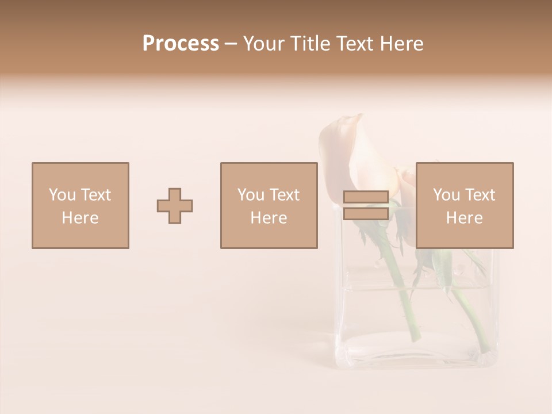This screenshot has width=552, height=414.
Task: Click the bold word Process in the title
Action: pyautogui.click(x=181, y=44)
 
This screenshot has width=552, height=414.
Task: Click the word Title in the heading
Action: pyautogui.click(x=310, y=44)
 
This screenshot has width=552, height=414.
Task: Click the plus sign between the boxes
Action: pyautogui.click(x=175, y=206)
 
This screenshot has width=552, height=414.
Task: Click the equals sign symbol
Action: pyautogui.click(x=366, y=206)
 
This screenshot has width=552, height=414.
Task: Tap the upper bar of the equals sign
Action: pyautogui.click(x=366, y=197)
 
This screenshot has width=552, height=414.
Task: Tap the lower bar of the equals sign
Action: pyautogui.click(x=366, y=214)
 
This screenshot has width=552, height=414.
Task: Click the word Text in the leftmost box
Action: pyautogui.click(x=95, y=195)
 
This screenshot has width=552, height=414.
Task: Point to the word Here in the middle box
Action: pyautogui.click(x=269, y=218)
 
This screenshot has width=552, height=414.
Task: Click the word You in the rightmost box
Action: pyautogui.click(x=446, y=195)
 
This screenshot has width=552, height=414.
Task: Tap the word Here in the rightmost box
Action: pyautogui.click(x=465, y=218)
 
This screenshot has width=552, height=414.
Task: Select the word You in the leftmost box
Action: pyautogui.click(x=62, y=195)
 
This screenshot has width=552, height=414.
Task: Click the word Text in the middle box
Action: pyautogui.click(x=284, y=195)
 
